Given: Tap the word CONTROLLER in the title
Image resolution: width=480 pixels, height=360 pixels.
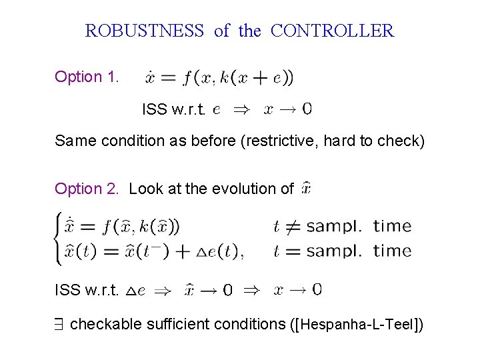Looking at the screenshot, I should [333, 31].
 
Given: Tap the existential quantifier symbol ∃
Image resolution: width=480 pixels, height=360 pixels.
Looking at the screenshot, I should [59, 325].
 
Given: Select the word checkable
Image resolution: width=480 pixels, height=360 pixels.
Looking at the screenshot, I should [101, 325].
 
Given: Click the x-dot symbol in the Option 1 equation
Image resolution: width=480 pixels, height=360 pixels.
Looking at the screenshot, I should [152, 78].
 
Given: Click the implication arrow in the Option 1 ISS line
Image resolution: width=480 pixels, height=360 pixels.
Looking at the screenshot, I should [238, 109].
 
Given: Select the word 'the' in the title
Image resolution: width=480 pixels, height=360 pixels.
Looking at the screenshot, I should [250, 31].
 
